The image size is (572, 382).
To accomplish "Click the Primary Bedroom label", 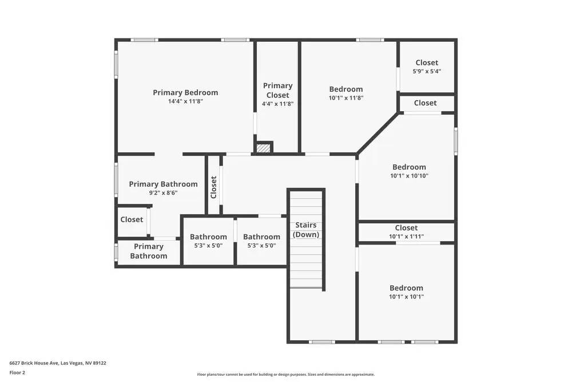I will (x=185, y=92).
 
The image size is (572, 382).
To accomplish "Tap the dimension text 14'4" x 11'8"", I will (x=185, y=101).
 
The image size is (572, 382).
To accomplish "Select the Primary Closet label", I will (x=277, y=90).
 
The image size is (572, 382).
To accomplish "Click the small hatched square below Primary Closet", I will (x=263, y=148).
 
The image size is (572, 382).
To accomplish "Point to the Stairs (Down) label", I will (x=306, y=230).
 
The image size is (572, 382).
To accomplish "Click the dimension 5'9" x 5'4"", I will (x=427, y=72).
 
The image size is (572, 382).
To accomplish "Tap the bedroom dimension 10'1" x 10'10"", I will (x=409, y=176).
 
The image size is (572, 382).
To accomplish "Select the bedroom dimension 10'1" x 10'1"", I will (x=407, y=297).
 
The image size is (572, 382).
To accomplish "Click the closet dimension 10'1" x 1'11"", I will (x=406, y=237).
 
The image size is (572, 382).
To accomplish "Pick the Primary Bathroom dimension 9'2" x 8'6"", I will (x=163, y=193).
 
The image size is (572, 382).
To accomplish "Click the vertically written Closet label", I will (x=214, y=187).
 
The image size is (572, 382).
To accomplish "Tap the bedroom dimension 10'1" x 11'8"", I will (x=346, y=98).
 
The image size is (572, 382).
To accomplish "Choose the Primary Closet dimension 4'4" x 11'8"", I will (x=277, y=104).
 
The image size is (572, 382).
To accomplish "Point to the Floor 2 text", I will (x=17, y=372).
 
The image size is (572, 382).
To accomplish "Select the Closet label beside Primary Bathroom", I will (x=132, y=219).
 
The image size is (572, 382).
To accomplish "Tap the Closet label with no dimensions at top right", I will (x=425, y=103).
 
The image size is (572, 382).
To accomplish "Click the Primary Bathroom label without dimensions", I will (x=149, y=251).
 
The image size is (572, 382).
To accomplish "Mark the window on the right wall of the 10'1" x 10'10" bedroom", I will (x=456, y=141).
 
